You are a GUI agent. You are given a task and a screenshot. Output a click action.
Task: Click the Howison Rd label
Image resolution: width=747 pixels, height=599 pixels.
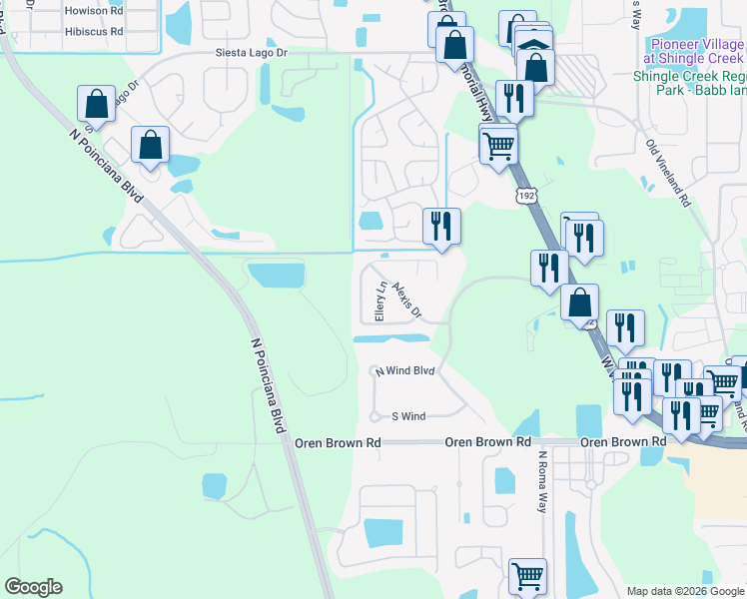93,11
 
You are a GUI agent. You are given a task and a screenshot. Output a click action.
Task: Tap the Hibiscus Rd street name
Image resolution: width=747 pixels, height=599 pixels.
93,31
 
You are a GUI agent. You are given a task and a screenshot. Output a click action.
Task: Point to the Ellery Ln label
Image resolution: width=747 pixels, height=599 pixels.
379,301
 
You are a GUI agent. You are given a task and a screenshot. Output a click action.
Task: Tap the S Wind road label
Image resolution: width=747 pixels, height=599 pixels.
408,416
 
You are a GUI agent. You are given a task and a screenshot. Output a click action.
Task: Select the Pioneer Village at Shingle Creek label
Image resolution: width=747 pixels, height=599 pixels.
696,51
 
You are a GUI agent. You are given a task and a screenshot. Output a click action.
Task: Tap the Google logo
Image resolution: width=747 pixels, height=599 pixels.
33,587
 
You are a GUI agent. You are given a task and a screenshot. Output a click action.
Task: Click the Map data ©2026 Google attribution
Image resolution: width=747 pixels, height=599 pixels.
685,591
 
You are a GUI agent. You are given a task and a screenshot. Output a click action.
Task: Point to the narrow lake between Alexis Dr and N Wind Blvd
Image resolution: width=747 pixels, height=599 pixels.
391,338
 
